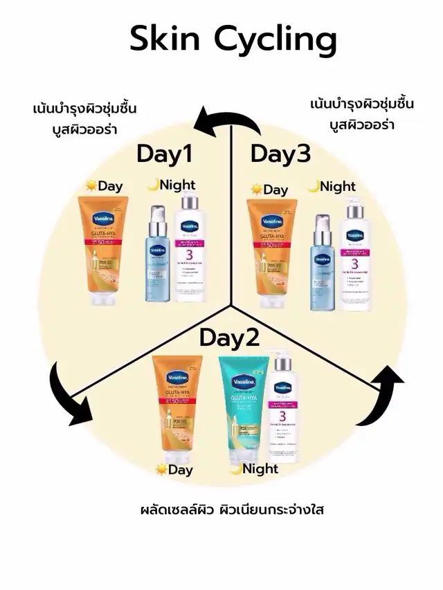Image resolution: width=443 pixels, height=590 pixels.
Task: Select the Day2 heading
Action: point(229,338)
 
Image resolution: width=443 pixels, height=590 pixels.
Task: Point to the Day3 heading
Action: point(280,154)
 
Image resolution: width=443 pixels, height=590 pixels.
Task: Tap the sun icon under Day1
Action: point(89,185)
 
